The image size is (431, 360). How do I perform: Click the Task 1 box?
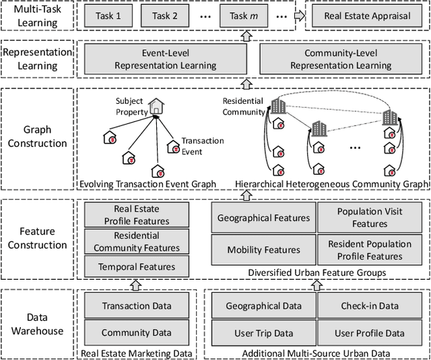coord(108,16)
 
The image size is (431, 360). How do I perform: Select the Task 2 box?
coord(165,16)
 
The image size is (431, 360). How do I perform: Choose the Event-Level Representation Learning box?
coord(165,59)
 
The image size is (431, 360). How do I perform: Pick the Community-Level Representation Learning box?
coord(341,59)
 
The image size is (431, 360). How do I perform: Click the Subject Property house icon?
coord(157,106)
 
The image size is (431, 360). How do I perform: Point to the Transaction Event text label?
coord(203,146)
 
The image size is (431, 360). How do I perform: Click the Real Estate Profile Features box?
coord(137,215)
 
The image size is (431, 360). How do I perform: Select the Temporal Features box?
coord(137,266)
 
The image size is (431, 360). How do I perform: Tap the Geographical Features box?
coord(263,218)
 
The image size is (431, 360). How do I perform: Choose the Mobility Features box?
coord(263,249)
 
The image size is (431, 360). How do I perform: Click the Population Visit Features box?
coord(370,218)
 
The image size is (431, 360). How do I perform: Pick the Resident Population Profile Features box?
coord(370,249)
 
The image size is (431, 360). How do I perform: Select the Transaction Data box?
coord(137,305)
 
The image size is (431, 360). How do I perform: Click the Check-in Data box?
coord(370,305)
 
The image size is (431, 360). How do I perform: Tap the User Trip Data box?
coord(263,333)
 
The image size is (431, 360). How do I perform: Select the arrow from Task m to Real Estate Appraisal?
coord(298,16)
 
